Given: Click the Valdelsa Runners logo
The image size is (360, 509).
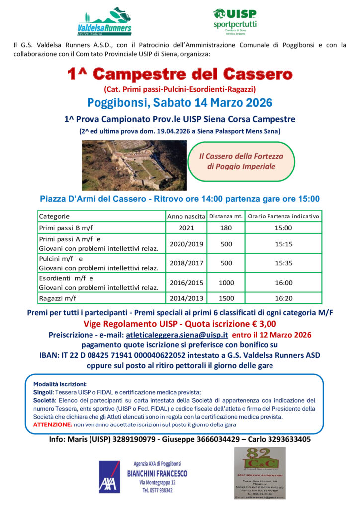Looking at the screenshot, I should [x=104, y=22].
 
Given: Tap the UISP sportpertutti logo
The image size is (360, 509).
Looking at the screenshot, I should [x=235, y=20].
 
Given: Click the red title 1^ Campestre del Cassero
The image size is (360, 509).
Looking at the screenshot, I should [x=180, y=75].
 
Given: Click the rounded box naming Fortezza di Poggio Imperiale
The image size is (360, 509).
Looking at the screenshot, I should [x=241, y=161].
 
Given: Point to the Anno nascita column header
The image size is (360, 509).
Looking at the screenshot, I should [x=185, y=217].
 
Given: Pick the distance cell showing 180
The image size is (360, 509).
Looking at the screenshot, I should [x=226, y=228].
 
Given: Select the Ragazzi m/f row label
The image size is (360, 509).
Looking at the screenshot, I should [x=58, y=298].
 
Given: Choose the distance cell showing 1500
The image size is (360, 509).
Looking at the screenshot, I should [x=226, y=298].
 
